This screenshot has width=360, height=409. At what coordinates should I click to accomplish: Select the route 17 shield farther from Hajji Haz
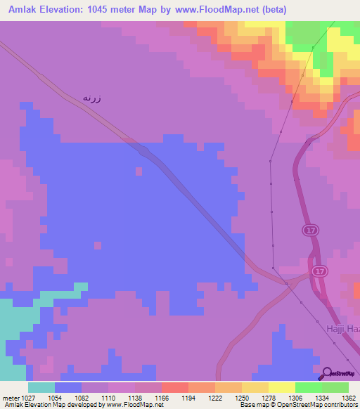[311, 230]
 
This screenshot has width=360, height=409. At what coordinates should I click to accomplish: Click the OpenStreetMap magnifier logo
[327, 373]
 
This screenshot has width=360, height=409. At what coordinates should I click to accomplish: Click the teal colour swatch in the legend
[41, 387]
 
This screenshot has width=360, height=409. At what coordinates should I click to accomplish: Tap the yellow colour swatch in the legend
[281, 387]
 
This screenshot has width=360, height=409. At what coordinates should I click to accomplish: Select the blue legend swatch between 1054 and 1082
[67, 387]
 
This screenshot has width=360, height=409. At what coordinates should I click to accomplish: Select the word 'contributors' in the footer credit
[338, 405]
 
